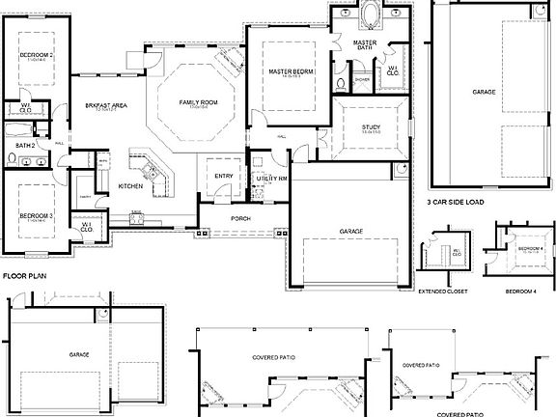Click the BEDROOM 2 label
[x=36, y=56]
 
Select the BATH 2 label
[x=26, y=145]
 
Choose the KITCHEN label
[x=131, y=185]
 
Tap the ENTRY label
[x=224, y=176]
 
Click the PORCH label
[x=241, y=218]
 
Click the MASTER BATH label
[x=365, y=45]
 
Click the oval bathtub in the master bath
[x=370, y=16]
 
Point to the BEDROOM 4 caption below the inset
[x=524, y=290]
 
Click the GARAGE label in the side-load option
[x=485, y=91]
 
